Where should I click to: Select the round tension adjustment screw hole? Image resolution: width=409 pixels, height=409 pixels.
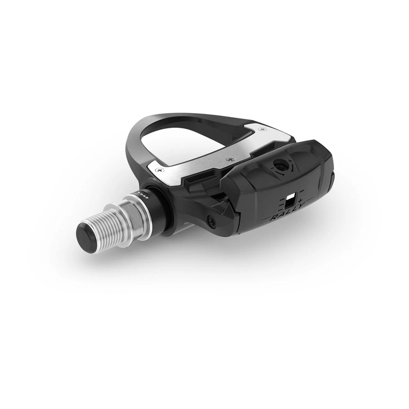coord(279,166)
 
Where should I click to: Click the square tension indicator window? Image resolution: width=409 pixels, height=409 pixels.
coord(291,199)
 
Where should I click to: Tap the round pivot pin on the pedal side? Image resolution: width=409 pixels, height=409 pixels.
coord(211,222)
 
